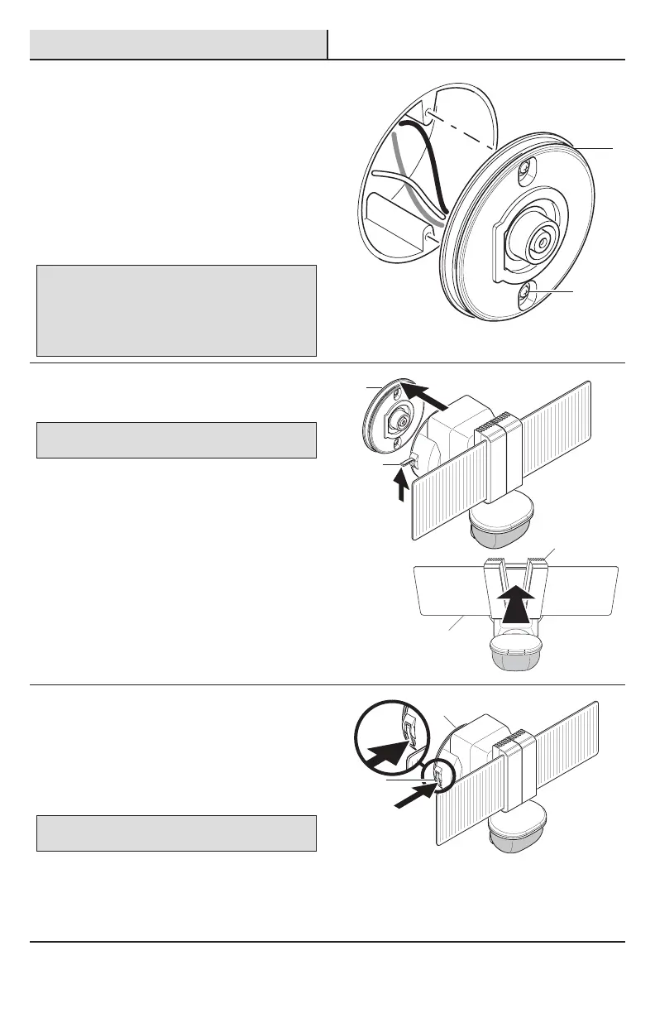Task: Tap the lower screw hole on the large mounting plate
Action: (x=528, y=293)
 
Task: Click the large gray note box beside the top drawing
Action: (x=177, y=310)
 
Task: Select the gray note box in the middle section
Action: (x=177, y=440)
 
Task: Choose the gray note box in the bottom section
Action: (x=177, y=833)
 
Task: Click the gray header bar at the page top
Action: (x=179, y=45)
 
